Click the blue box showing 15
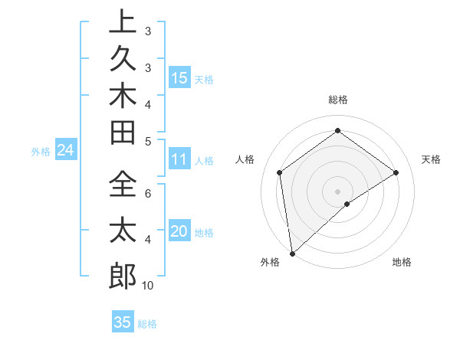pos(179,77)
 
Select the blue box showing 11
pos(179,159)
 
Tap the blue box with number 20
pos(179,231)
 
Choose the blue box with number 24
pos(65,150)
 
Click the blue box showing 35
pos(123,322)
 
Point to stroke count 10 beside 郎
pos(148,286)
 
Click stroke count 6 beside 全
pos(148,195)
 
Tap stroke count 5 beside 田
pos(148,141)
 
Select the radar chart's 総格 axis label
pos(337,100)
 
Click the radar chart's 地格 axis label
pos(402,262)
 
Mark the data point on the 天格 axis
pos(396,172)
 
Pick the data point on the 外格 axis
pos(292,253)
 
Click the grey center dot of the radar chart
pos(337,191)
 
